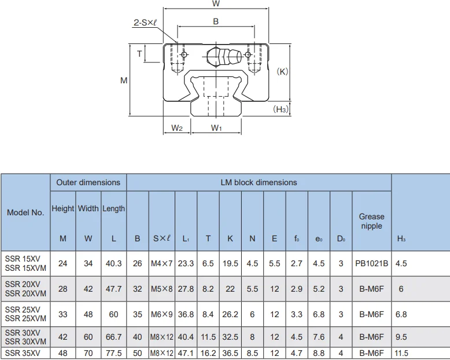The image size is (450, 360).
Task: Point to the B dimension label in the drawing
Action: pyautogui.click(x=216, y=21)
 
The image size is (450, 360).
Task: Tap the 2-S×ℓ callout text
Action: pyautogui.click(x=146, y=23)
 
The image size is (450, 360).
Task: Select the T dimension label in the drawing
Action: pyautogui.click(x=139, y=54)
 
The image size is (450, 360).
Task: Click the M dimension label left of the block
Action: pyautogui.click(x=124, y=81)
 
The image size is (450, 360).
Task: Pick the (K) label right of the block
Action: pyautogui.click(x=282, y=72)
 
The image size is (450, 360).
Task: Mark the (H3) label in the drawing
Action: pyautogui.click(x=281, y=109)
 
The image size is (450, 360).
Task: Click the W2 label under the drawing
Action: pyautogui.click(x=177, y=128)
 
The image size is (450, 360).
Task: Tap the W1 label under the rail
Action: pyautogui.click(x=216, y=128)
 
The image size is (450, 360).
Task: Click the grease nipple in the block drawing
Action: pyautogui.click(x=223, y=57)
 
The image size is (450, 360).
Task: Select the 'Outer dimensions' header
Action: pyautogui.click(x=88, y=182)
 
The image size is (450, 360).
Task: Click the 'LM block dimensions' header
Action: pyautogui.click(x=259, y=182)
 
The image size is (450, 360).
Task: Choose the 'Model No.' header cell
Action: pyautogui.click(x=25, y=212)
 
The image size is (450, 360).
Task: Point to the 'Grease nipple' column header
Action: pyautogui.click(x=371, y=221)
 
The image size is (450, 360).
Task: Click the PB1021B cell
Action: pyautogui.click(x=371, y=263)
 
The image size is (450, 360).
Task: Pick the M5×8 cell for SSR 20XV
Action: pyautogui.click(x=163, y=289)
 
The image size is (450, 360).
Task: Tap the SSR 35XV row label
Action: pyautogui.click(x=23, y=353)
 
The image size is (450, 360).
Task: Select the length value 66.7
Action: pyautogui.click(x=113, y=337)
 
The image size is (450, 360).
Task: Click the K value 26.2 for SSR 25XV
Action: pyautogui.click(x=230, y=314)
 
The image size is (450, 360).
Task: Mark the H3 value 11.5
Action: pyautogui.click(x=401, y=353)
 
